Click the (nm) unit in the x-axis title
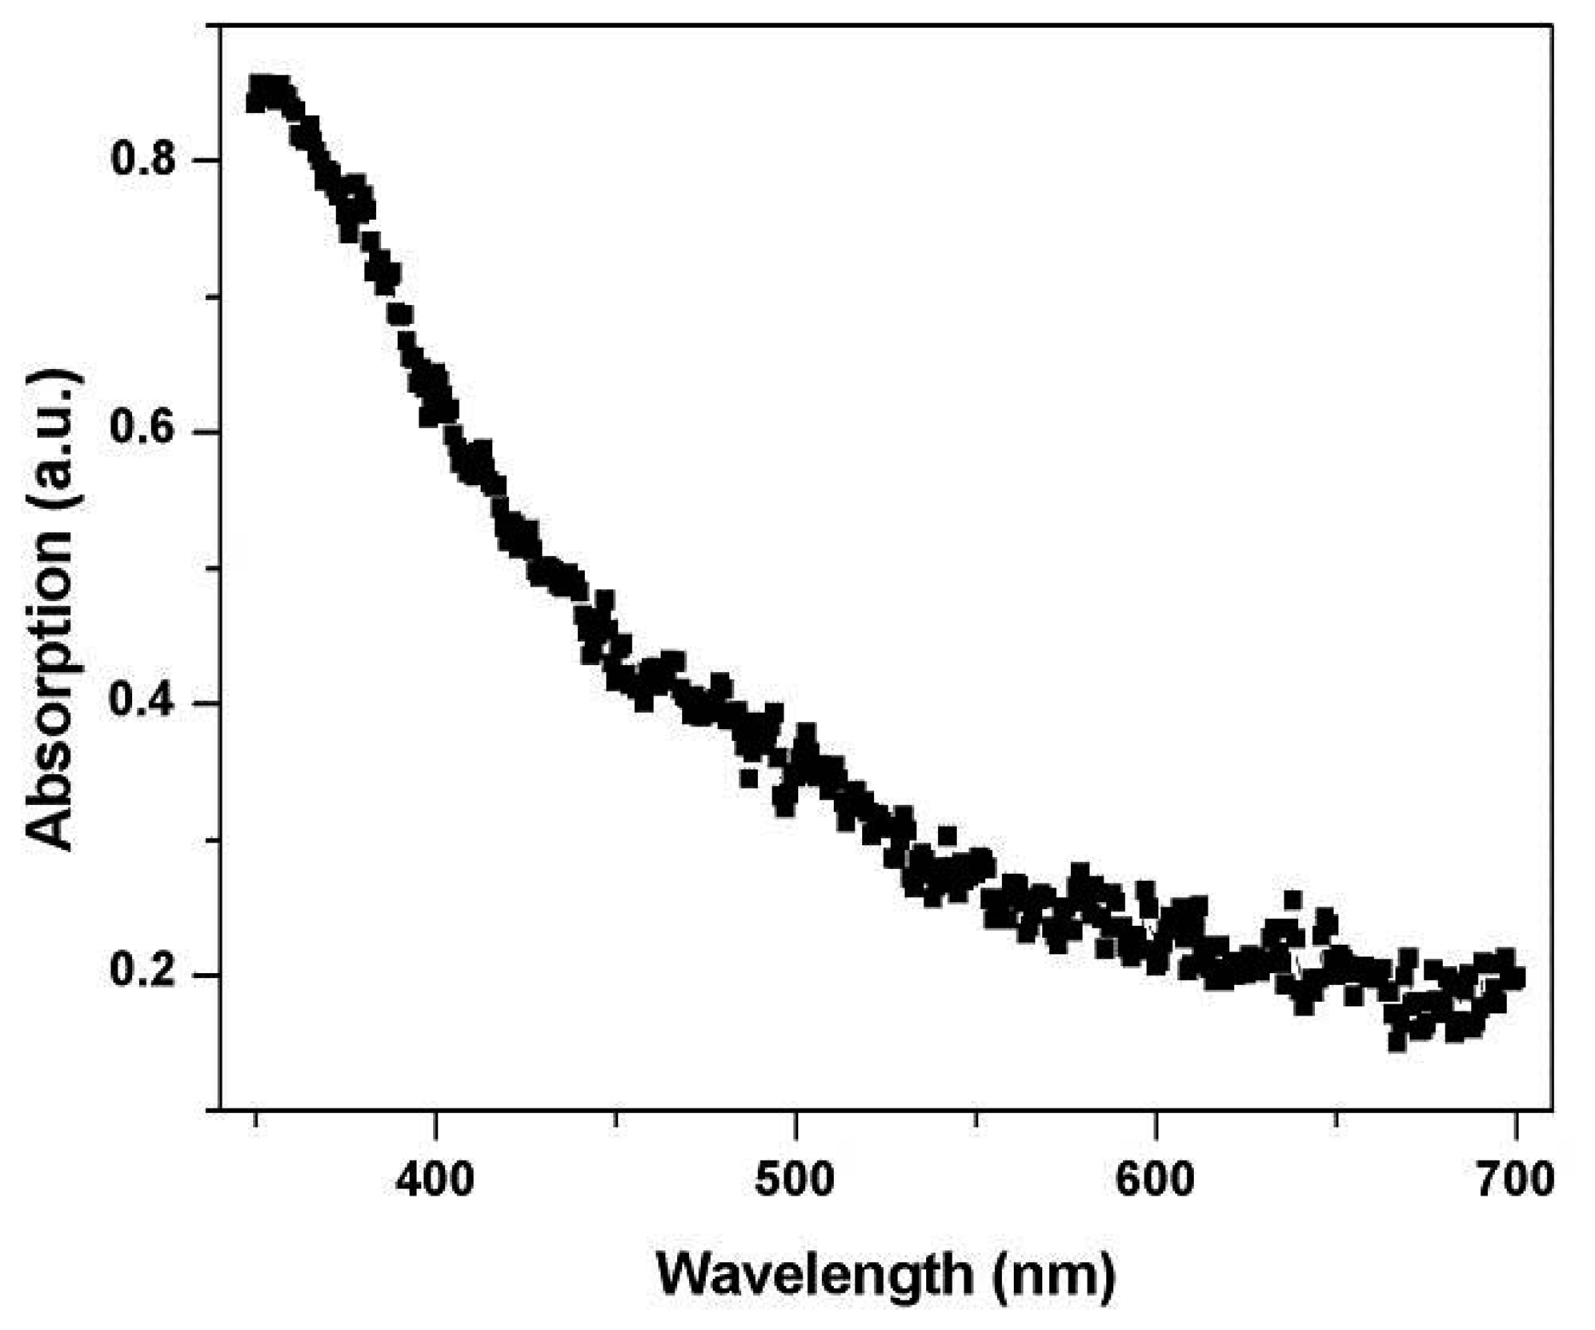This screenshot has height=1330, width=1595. (1055, 1274)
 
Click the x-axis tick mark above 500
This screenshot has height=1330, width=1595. (795, 1118)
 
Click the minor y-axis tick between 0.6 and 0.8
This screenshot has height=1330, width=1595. (213, 296)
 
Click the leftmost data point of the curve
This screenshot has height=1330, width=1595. (255, 102)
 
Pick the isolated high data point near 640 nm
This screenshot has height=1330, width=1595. (1292, 900)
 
